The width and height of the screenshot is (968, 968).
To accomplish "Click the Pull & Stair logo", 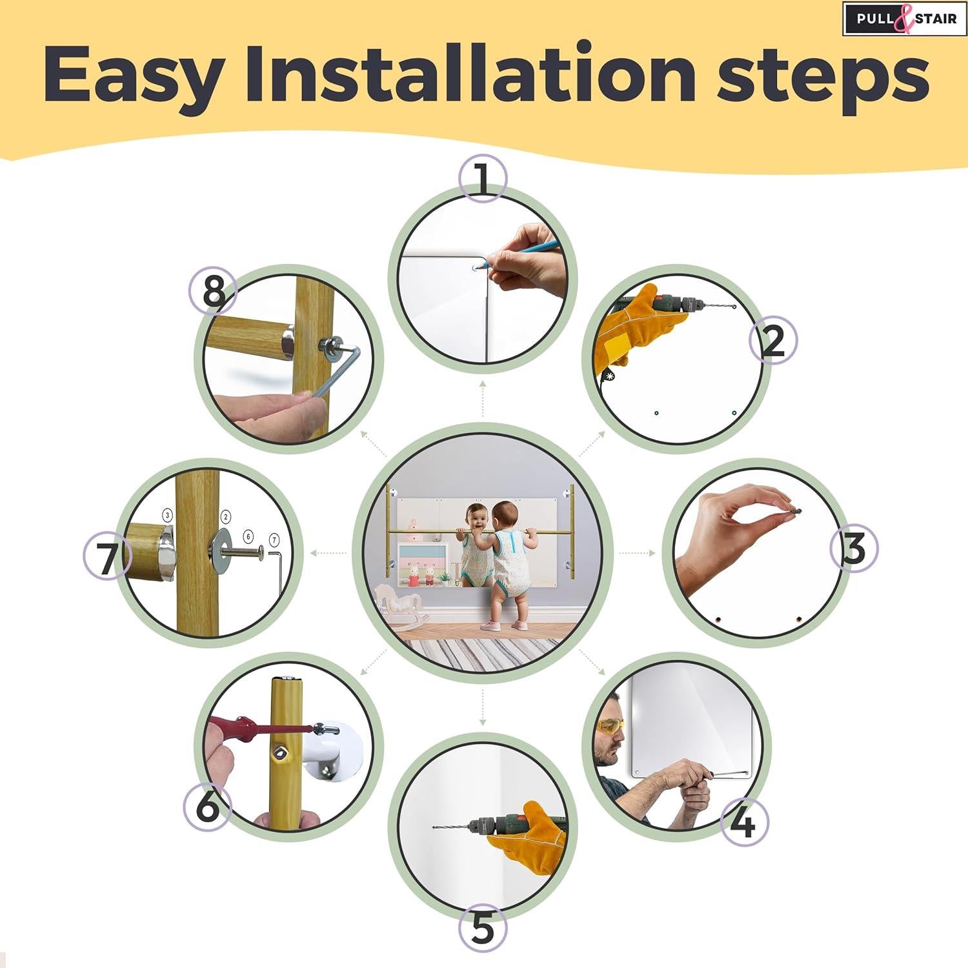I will pyautogui.click(x=903, y=18).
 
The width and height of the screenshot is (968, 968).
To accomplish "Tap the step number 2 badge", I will pyautogui.click(x=773, y=339).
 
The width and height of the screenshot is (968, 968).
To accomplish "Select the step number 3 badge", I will pyautogui.click(x=853, y=549).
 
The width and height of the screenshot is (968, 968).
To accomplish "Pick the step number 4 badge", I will pyautogui.click(x=743, y=822).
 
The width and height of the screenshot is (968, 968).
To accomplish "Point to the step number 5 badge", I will pyautogui.click(x=483, y=929).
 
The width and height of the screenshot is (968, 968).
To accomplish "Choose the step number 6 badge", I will pyautogui.click(x=207, y=806).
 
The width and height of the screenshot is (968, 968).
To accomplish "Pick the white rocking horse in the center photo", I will pyautogui.click(x=395, y=600).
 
